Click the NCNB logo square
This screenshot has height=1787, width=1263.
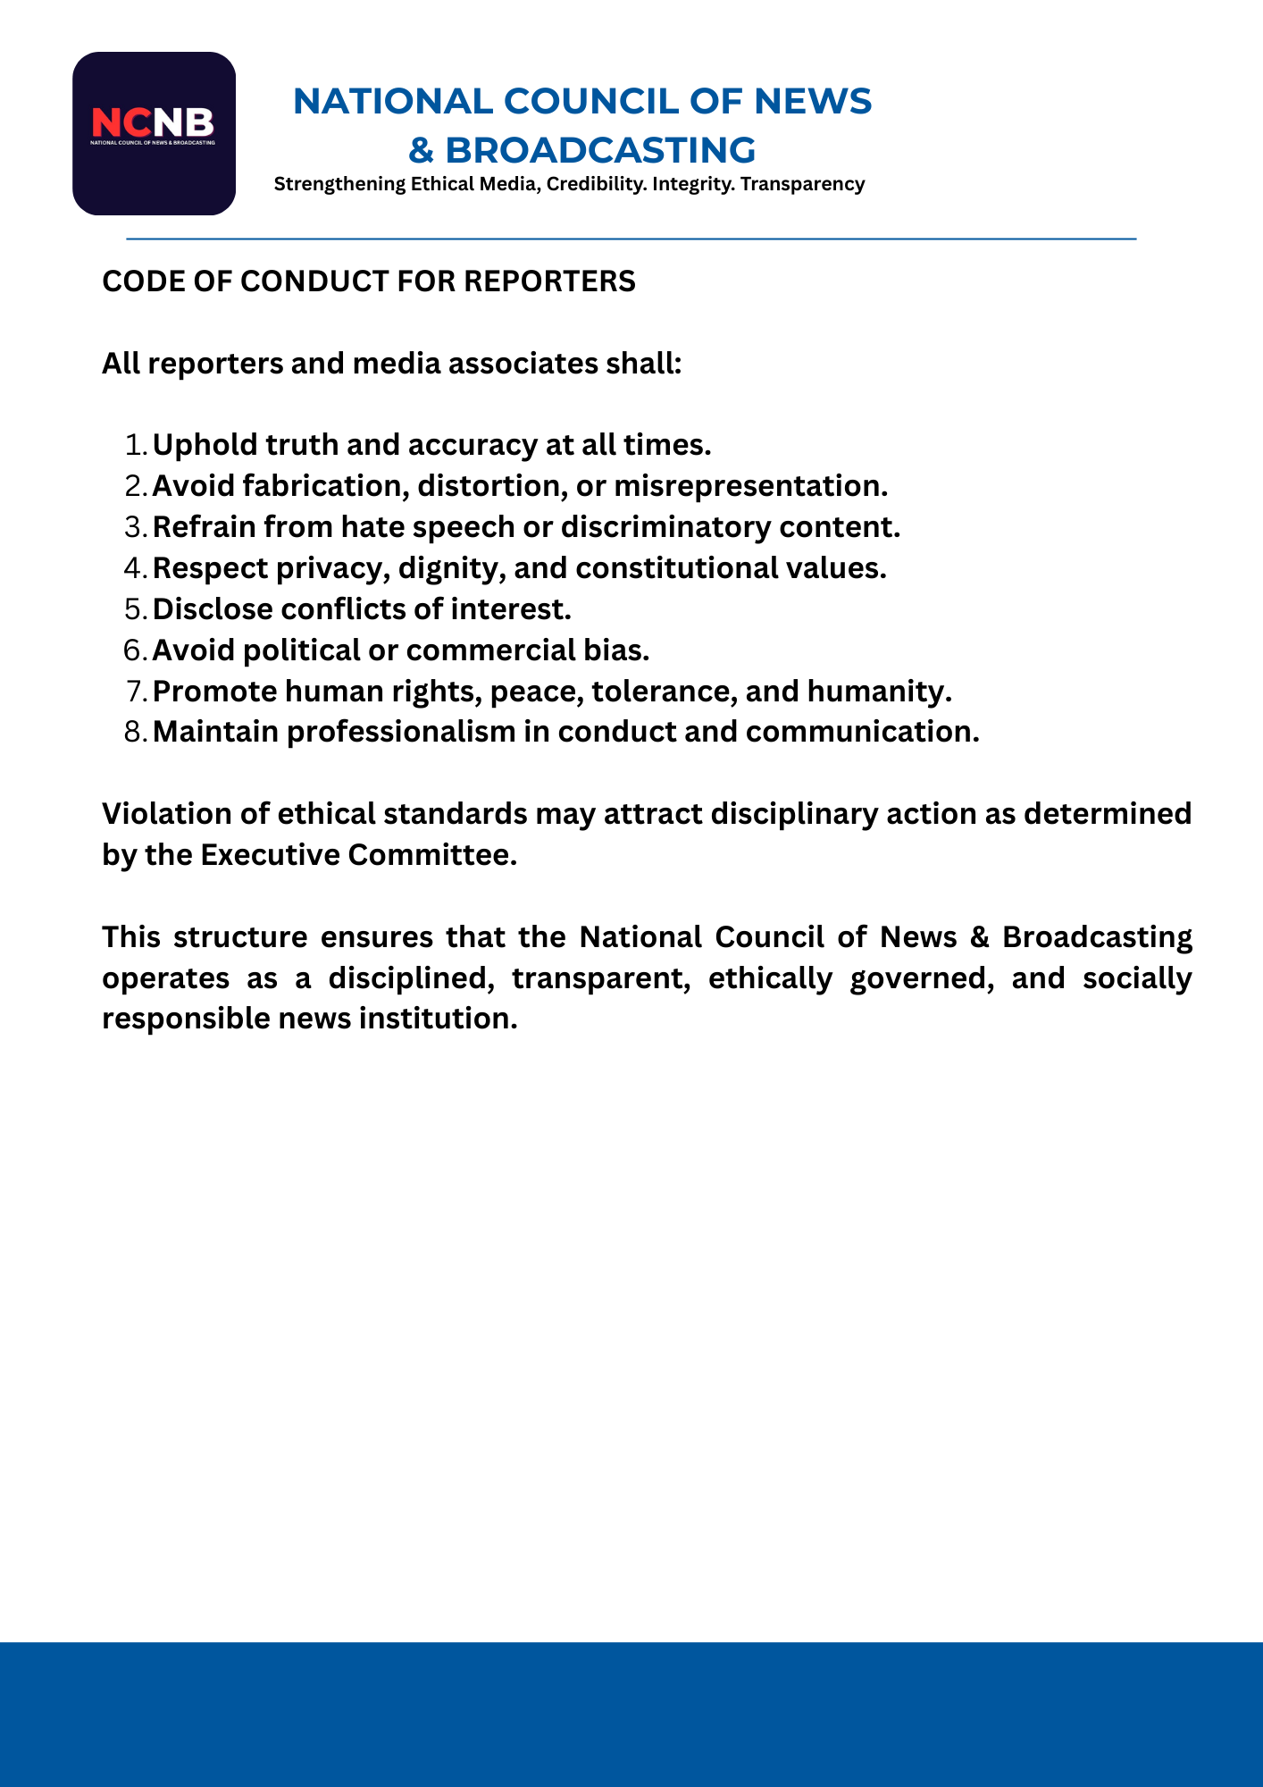click(154, 133)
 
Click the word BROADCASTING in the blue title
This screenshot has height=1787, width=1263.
click(600, 150)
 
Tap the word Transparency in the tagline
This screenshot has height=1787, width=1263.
click(802, 184)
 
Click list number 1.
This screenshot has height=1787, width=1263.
click(136, 445)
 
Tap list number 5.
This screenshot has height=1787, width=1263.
click(136, 609)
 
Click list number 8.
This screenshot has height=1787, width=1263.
click(136, 732)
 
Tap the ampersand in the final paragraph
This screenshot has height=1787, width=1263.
click(979, 937)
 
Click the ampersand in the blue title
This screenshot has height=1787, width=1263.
click(421, 150)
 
